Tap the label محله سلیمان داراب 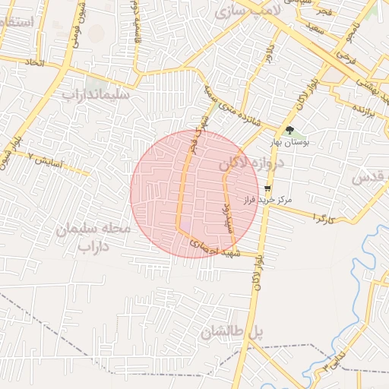pos(94,237)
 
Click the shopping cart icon pos(267,188)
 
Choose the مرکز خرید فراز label pos(267,200)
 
